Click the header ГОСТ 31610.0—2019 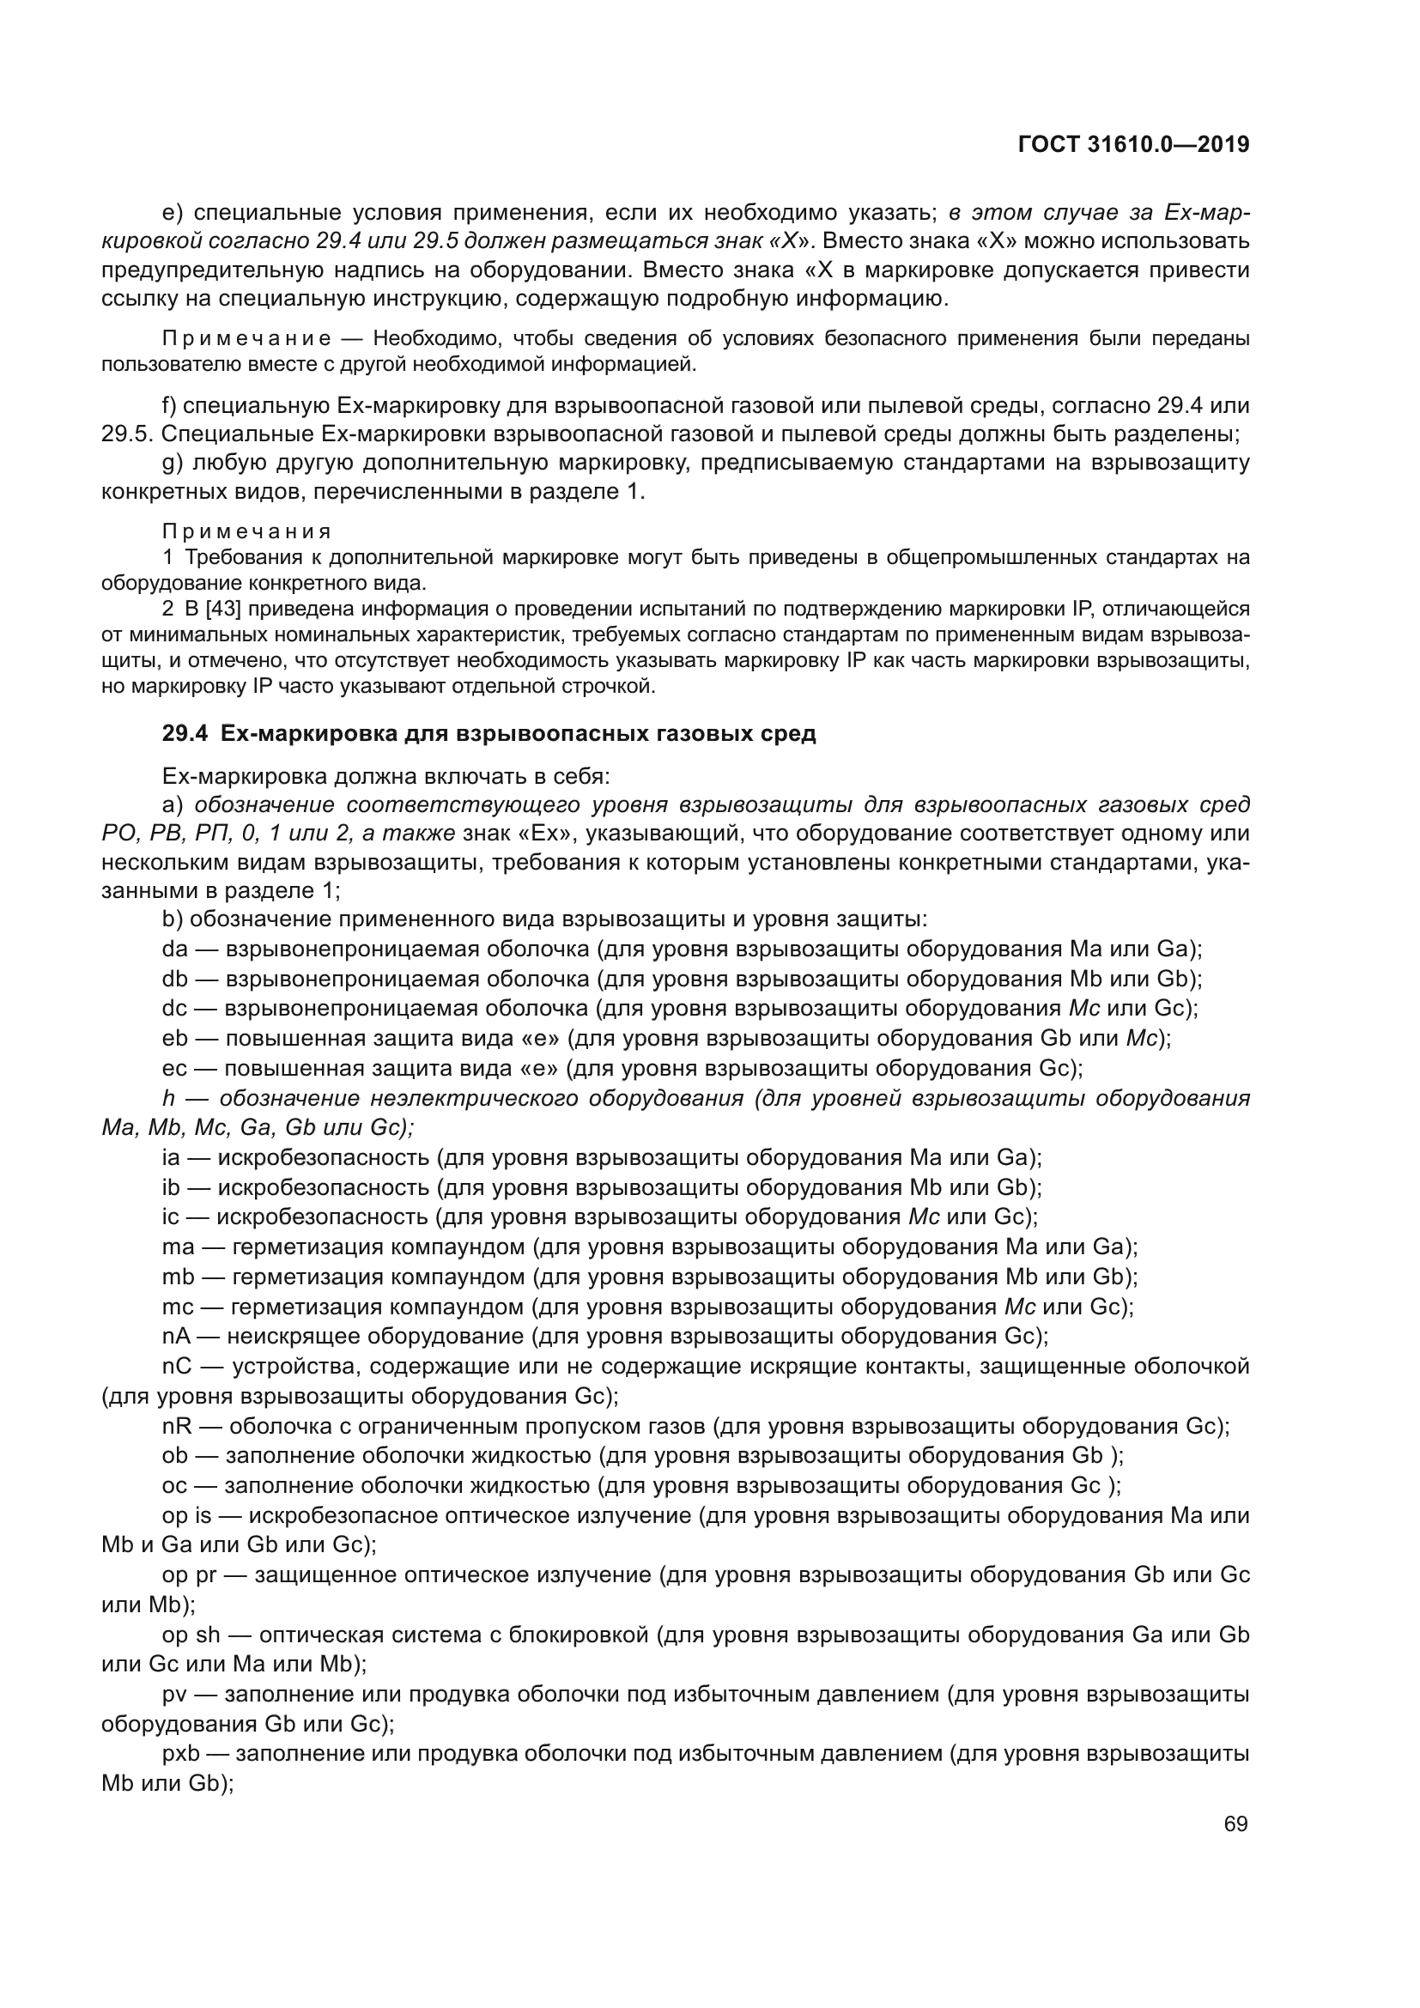tap(1133, 145)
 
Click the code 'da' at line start tap(175, 949)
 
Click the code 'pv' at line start tap(175, 1694)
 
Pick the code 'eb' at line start tap(175, 1038)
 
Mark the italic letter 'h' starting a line tap(169, 1098)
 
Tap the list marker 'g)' tap(173, 463)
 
